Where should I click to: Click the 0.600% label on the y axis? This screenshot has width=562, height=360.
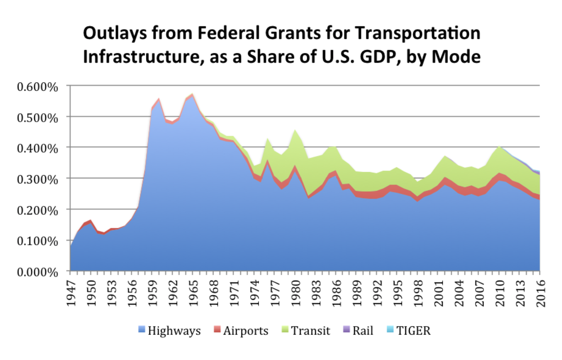(37, 87)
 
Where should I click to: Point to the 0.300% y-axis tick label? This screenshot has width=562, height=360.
(37, 180)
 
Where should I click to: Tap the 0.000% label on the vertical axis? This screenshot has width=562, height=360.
(37, 272)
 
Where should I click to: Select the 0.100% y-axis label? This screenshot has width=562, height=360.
(37, 241)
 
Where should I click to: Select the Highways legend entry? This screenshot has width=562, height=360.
(174, 330)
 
